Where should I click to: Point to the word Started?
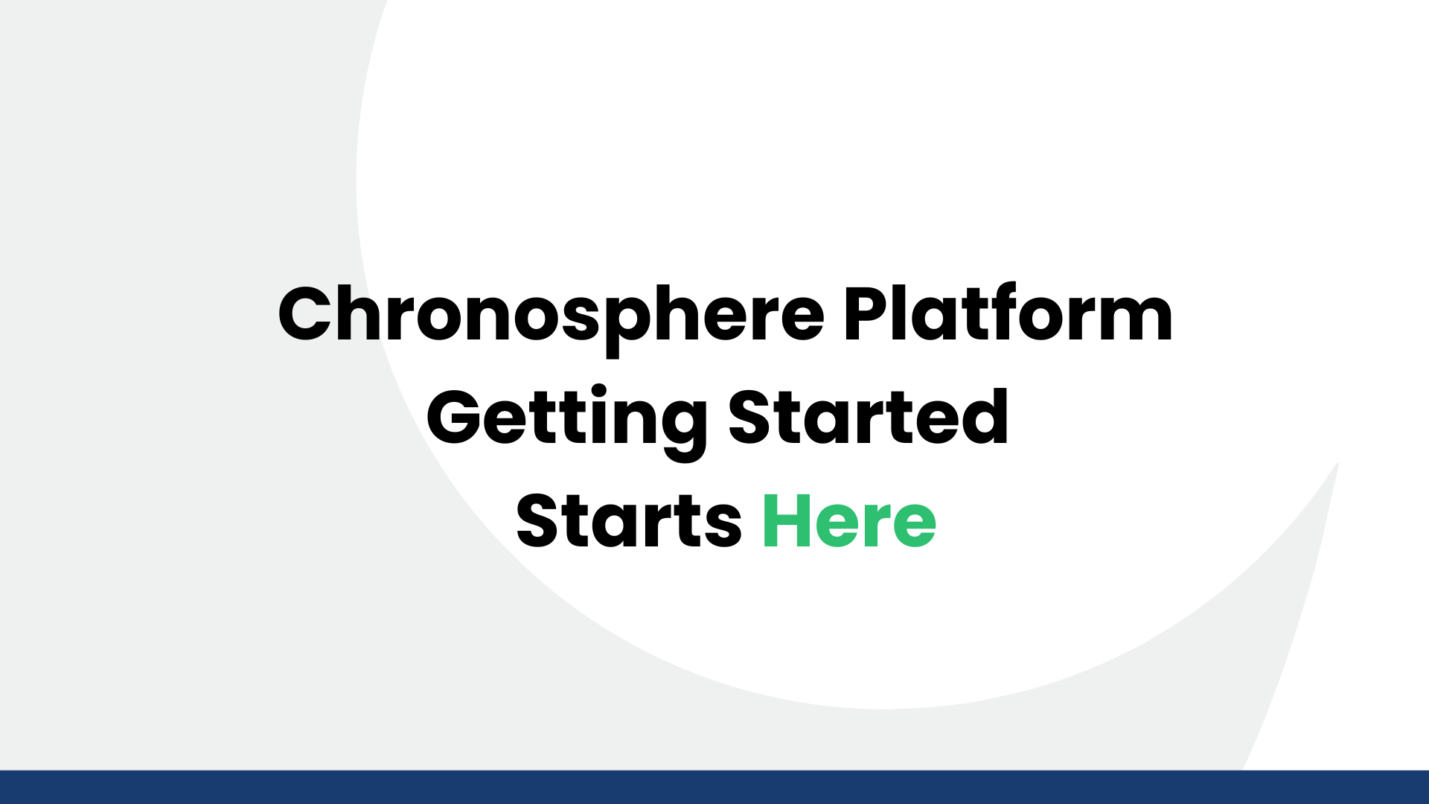868,417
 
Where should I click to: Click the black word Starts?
629,521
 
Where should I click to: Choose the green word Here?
849,521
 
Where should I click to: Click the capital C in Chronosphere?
305,314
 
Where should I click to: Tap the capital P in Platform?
867,314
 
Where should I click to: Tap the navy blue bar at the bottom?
714,788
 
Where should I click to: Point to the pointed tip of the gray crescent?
1337,465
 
